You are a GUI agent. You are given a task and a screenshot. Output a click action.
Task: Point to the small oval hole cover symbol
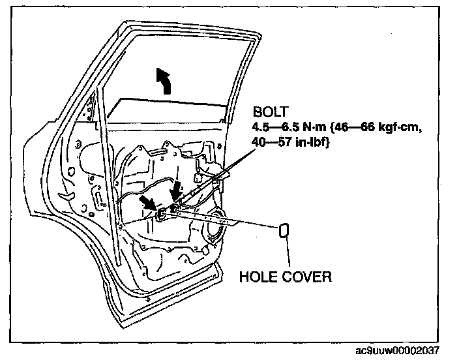285,231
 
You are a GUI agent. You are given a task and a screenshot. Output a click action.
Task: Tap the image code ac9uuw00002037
411,353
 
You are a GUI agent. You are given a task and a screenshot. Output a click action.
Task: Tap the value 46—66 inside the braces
355,128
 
